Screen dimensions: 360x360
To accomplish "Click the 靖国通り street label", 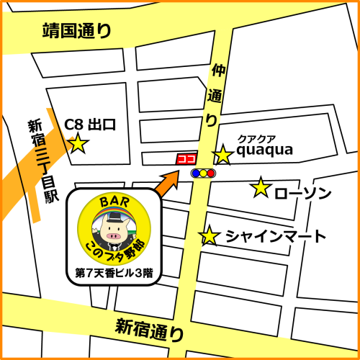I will pos(77,31).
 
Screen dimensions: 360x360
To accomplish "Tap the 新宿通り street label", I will pos(150,330).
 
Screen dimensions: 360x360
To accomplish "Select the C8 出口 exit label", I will pos(91,124).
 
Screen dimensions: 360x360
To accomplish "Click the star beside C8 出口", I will pos(77,144).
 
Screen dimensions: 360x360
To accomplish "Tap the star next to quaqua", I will pos(223,154).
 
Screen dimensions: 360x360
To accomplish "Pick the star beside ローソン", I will pos(260,189).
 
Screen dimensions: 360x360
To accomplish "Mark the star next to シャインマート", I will pos(210,235).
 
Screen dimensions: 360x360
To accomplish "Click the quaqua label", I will pos(264,150).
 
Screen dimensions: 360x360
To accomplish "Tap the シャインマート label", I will pos(276,236).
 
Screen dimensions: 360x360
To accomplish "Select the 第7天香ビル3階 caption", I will pos(113,274).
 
